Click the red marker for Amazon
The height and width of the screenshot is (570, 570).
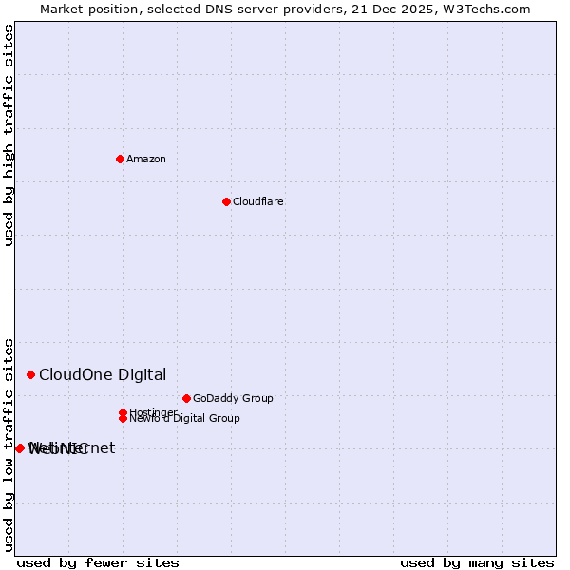point(120,159)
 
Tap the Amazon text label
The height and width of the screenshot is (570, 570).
point(145,159)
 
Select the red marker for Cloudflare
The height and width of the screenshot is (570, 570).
point(226,201)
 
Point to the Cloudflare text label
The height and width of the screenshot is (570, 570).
point(257,201)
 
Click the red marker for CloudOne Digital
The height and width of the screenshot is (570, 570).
point(31,375)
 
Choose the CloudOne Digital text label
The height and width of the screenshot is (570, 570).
point(102,375)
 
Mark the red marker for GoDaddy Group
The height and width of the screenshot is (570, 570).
point(186,398)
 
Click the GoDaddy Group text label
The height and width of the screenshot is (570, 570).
point(233,398)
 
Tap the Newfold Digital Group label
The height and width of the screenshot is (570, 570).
point(184,418)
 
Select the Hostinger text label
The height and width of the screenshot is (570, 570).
point(153,412)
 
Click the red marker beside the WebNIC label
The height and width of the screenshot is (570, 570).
point(20,448)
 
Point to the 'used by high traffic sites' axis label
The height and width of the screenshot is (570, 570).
point(9,135)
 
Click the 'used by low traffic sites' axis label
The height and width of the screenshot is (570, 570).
point(9,444)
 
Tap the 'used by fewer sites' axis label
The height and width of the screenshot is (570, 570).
point(98,562)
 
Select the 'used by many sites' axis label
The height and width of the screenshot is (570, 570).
point(477,562)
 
